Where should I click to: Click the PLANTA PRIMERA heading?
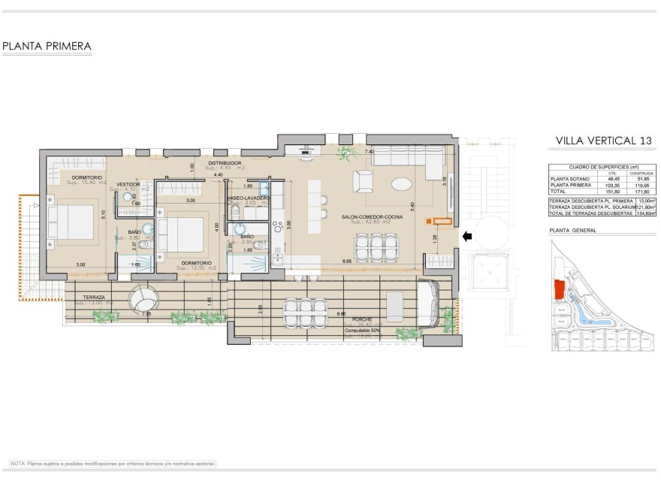[x=47, y=47]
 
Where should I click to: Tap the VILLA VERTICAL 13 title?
[x=603, y=141]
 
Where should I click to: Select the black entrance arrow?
[x=466, y=237]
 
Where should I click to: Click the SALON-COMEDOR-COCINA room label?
[x=372, y=217]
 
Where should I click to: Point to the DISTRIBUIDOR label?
[x=225, y=162]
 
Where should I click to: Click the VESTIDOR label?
[x=128, y=183]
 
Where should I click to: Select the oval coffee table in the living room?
[x=400, y=183]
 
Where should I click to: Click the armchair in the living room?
[x=364, y=181]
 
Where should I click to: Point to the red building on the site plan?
[x=558, y=289]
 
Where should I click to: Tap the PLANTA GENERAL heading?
[x=573, y=231]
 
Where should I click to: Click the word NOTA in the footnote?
[x=18, y=464]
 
